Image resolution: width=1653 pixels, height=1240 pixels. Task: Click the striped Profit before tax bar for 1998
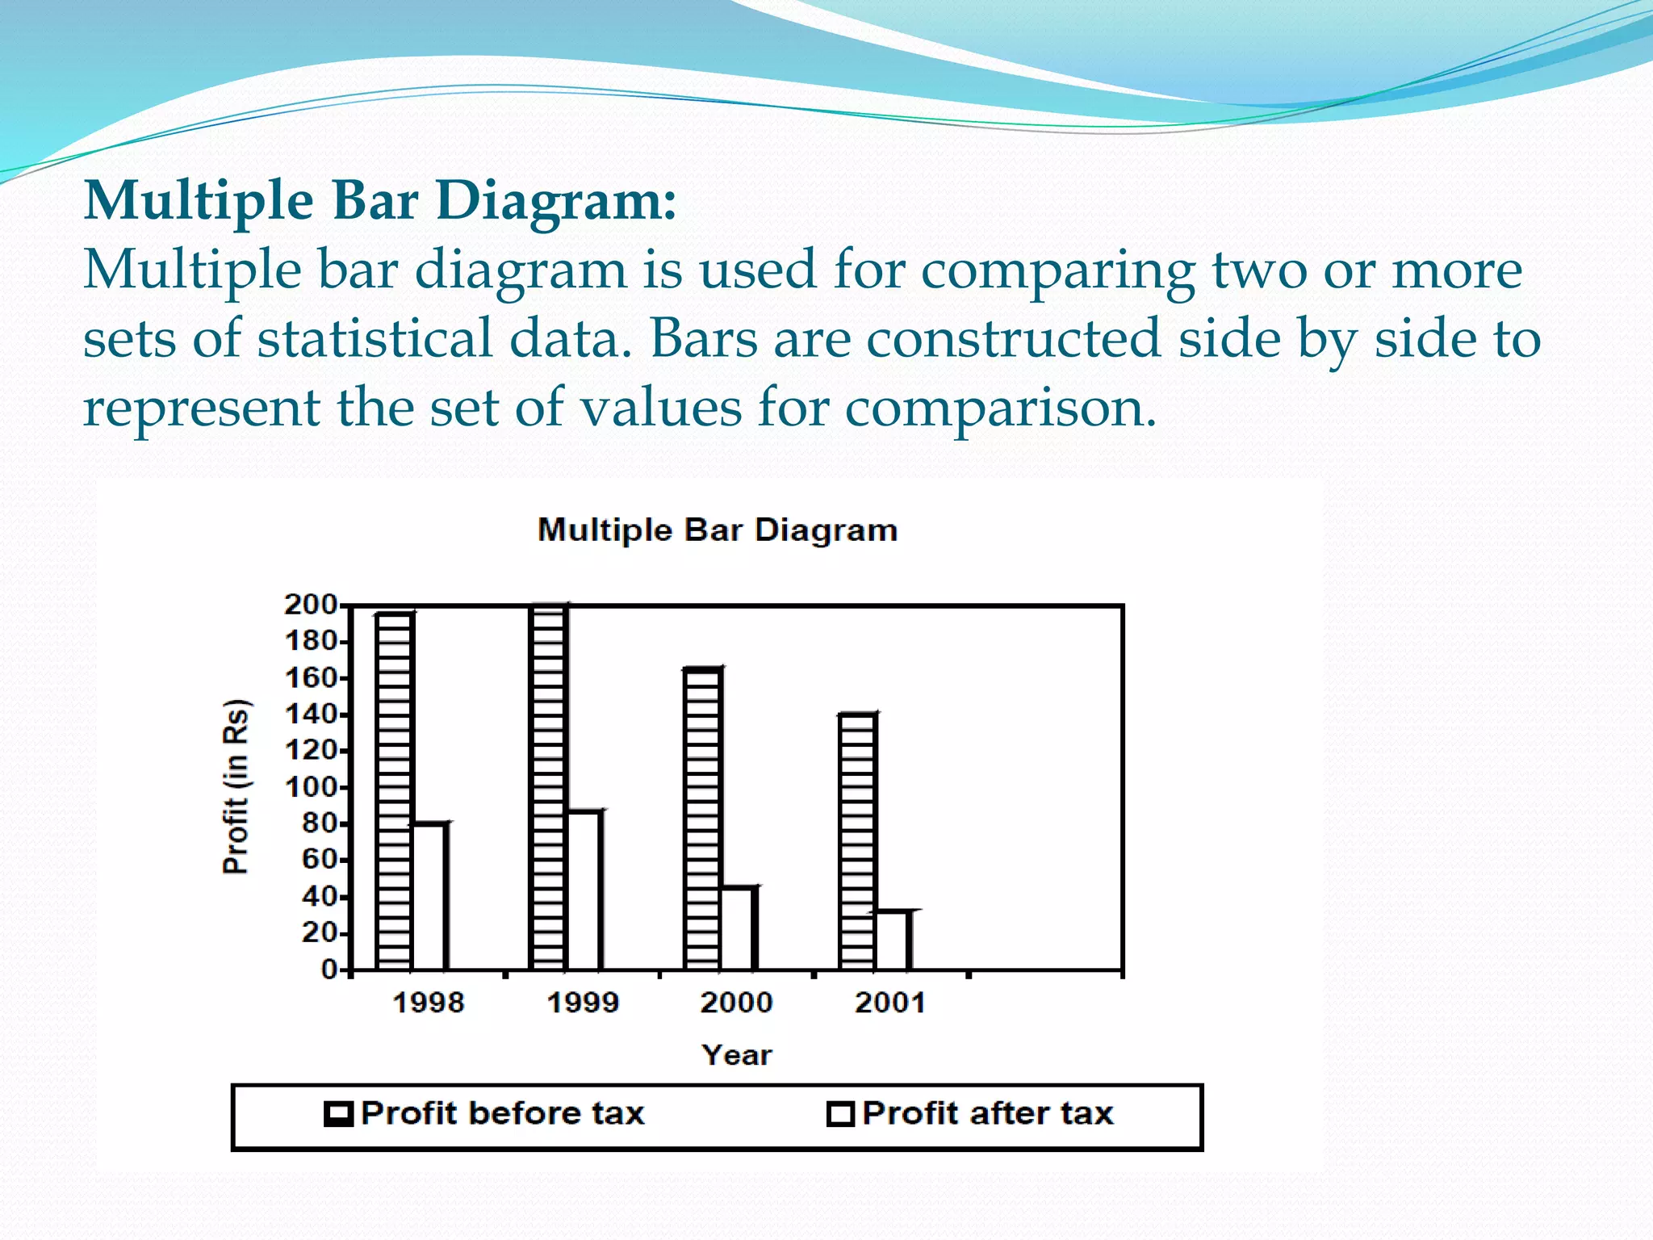coord(395,791)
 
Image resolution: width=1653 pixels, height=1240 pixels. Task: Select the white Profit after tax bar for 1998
coord(430,896)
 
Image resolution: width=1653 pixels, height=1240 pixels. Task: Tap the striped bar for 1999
coord(548,787)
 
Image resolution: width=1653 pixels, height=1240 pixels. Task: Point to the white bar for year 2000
coord(739,928)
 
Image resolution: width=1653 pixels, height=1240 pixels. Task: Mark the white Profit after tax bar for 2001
coord(893,940)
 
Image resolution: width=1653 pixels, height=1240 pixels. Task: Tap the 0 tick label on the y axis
coord(329,969)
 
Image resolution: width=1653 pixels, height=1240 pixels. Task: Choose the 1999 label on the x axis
coord(583,1003)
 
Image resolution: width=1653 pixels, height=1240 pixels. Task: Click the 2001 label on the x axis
coord(890,1003)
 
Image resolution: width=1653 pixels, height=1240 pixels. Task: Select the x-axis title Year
coord(736,1054)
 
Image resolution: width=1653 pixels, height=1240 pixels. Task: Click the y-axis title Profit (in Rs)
coord(236,786)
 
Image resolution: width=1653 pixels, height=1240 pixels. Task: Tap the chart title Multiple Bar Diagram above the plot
coord(718,530)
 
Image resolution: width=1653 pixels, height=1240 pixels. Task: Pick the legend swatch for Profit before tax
coord(338,1114)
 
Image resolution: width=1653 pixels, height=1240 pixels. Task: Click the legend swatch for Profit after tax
coord(840,1114)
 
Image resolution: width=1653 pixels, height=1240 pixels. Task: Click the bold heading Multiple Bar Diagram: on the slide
coord(380,200)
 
